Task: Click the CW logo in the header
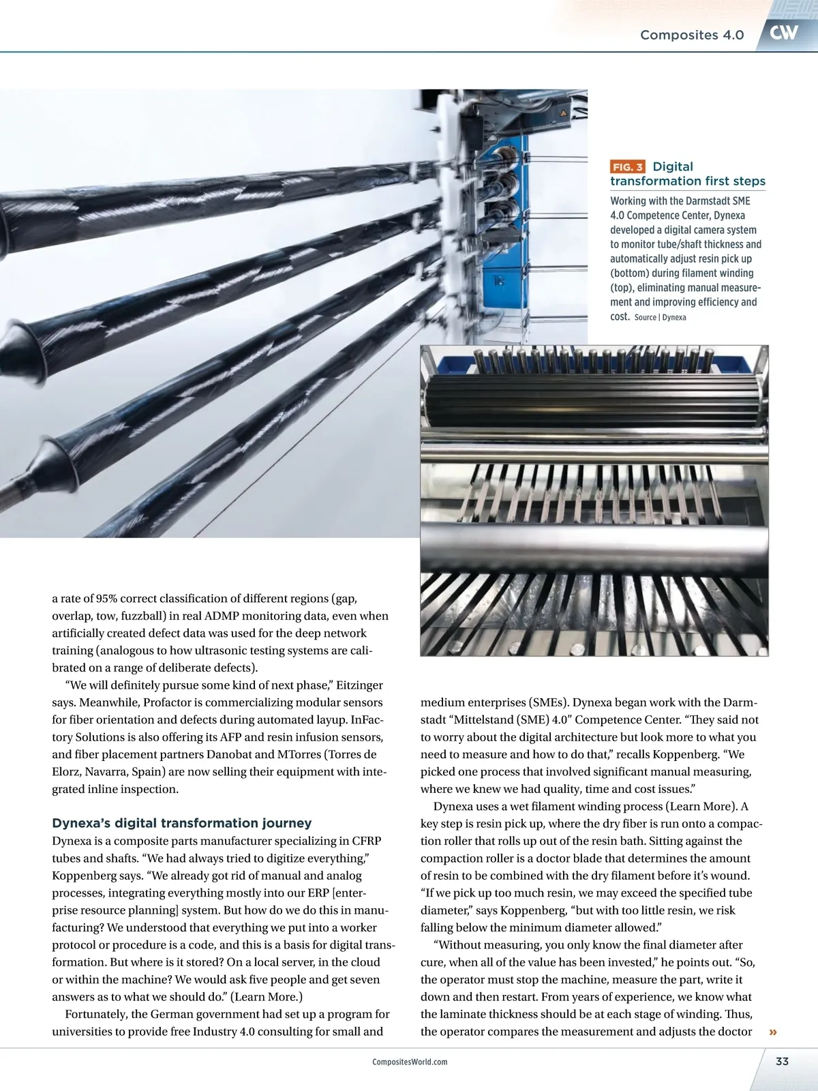784,33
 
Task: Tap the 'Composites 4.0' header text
691,35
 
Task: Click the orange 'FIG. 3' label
627,167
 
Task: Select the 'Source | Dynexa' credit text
660,318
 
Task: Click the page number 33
782,1061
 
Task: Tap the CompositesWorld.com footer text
410,1062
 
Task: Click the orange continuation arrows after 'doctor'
773,1032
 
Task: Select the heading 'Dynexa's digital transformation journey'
181,823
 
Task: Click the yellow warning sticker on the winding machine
562,113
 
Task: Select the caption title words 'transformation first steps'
687,181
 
